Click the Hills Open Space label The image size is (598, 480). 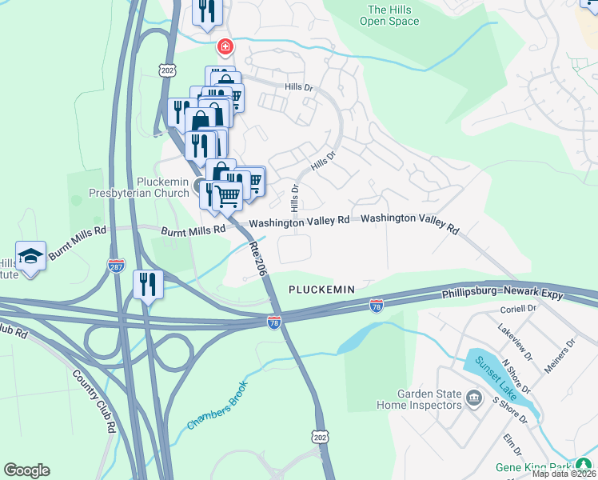click(x=393, y=15)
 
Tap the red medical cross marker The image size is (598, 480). click(x=226, y=47)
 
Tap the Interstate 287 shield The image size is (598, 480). click(x=116, y=264)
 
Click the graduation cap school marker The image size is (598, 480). click(x=30, y=256)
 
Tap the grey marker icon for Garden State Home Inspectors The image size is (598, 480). click(x=473, y=398)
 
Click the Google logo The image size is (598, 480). click(x=26, y=470)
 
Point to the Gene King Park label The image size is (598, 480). click(x=552, y=466)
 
